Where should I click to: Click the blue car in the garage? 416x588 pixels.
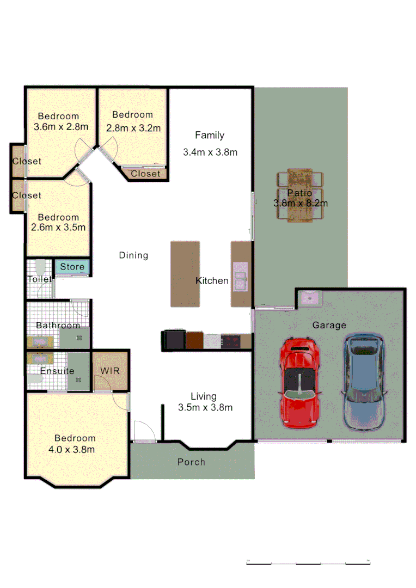point(364,383)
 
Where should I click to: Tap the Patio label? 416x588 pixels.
point(300,193)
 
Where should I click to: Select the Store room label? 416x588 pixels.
point(72,267)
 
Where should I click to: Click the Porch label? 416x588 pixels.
point(191,462)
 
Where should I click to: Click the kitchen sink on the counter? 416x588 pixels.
point(240,275)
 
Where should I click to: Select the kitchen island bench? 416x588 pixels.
point(185,274)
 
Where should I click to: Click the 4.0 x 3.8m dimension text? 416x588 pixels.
point(75,449)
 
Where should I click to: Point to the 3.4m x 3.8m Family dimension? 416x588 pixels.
point(210,152)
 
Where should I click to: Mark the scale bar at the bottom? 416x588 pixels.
point(308,562)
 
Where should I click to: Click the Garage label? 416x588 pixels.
point(329,325)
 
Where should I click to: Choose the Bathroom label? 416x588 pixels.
point(58,325)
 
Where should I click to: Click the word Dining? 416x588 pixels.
point(133,255)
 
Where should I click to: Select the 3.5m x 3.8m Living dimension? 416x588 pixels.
point(205,407)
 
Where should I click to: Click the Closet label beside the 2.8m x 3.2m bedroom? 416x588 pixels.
point(146,174)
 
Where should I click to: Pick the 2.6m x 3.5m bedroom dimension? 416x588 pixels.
point(58,228)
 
